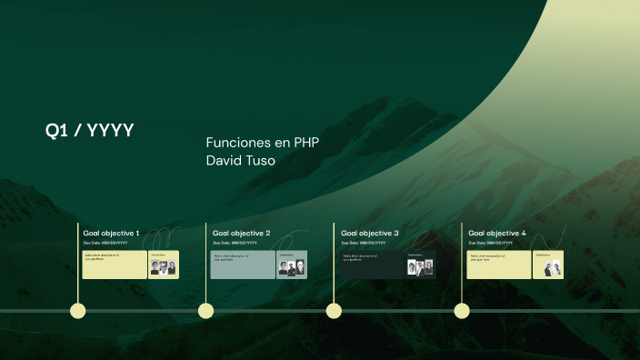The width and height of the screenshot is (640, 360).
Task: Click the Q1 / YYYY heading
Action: point(90,131)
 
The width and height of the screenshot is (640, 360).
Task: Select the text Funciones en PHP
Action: point(262,143)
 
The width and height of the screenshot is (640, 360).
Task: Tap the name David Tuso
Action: point(240,161)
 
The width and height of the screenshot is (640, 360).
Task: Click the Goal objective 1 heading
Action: point(112,234)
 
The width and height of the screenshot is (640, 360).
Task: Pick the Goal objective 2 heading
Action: point(241,234)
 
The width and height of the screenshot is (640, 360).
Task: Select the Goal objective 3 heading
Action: point(369,234)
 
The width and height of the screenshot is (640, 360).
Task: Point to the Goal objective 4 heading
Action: point(497,234)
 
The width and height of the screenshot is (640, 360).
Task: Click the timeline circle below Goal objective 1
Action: point(78,311)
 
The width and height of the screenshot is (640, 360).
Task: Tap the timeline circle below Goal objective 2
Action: point(206,311)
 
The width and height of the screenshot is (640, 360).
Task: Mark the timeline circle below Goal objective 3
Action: point(334,311)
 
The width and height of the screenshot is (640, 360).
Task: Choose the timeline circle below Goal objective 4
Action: point(462,311)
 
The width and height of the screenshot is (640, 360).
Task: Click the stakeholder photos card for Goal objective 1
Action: point(164,265)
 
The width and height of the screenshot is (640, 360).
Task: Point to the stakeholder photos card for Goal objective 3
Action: point(420,265)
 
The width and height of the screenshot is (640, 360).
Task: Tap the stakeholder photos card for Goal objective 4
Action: point(548,265)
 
